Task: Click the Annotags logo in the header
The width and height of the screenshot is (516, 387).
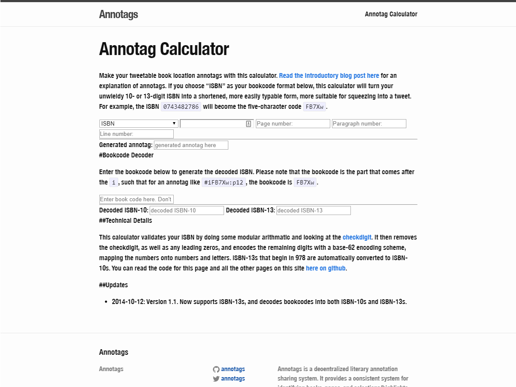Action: (118, 14)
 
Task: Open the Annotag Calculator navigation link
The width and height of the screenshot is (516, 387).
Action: (391, 14)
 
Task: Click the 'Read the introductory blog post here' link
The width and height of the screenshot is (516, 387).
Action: (329, 76)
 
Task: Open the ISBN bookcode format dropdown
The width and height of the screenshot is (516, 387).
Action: (138, 123)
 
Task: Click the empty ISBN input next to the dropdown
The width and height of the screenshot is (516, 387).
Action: (213, 124)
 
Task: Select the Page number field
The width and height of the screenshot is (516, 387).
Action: (293, 124)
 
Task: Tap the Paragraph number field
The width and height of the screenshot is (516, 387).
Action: (369, 124)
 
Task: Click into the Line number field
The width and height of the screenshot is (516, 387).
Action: (136, 134)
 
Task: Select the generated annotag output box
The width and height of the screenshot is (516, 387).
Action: (191, 145)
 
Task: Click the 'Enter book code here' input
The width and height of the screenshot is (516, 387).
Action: (136, 200)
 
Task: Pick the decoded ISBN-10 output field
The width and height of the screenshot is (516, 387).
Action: (187, 211)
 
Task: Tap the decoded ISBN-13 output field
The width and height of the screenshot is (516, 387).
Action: (313, 211)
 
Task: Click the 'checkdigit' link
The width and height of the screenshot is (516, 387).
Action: (357, 237)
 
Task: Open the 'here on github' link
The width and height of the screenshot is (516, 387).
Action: (326, 268)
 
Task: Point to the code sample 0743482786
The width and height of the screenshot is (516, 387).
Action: (181, 107)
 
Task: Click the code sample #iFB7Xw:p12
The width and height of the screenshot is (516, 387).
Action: (224, 182)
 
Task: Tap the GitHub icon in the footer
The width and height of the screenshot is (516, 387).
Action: (216, 369)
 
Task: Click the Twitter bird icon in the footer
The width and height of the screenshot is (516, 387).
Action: (216, 379)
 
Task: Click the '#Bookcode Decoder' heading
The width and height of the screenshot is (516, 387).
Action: (126, 155)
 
